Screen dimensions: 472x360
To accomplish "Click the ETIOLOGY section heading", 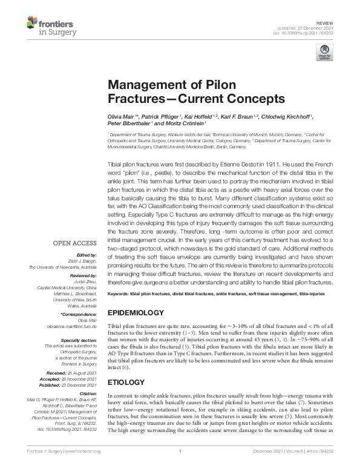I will tap(125, 382).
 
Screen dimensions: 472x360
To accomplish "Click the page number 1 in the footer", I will tap(180, 468).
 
